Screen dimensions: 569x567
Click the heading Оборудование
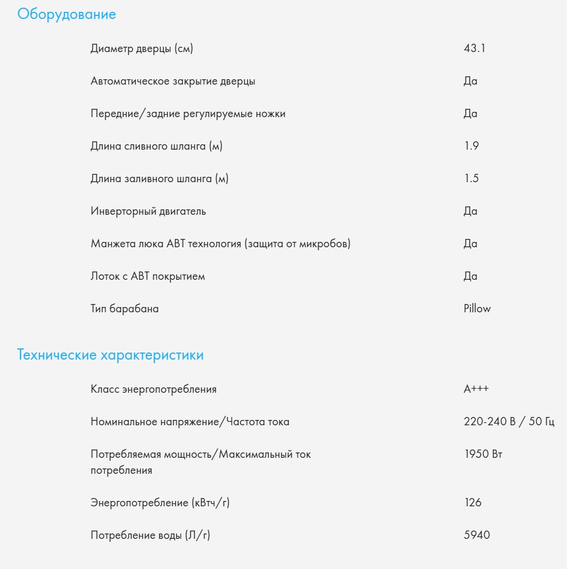(67, 15)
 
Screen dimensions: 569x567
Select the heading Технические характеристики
(110, 355)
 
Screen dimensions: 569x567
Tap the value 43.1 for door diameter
(474, 49)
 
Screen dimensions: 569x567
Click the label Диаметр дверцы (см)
(142, 49)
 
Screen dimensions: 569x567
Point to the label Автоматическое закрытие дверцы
(173, 81)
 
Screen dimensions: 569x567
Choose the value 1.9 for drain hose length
(471, 146)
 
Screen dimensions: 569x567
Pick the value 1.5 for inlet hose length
(471, 179)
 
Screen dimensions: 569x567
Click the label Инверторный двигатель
(148, 211)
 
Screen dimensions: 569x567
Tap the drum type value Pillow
(477, 309)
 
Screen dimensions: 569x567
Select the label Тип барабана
(125, 309)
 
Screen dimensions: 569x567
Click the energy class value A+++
(477, 389)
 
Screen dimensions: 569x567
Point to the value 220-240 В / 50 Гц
(509, 422)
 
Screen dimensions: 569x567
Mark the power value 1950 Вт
(483, 454)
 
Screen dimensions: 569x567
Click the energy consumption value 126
(472, 503)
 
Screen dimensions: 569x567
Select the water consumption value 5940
(477, 535)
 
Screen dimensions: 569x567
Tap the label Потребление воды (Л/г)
(150, 535)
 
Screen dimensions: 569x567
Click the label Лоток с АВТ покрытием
(148, 276)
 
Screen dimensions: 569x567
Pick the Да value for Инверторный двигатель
(470, 211)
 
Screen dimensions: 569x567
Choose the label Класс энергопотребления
(154, 389)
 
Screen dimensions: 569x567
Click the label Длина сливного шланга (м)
(157, 146)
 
